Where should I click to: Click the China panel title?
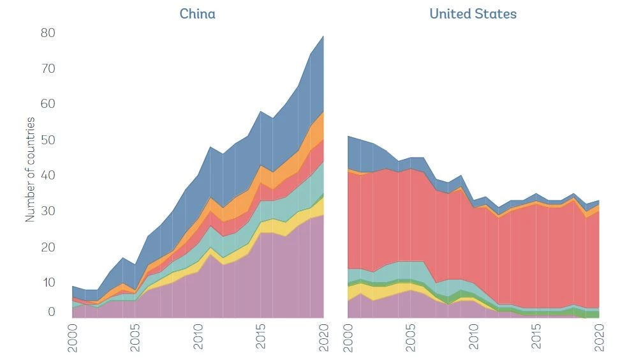point(197,13)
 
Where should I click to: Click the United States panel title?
point(473,13)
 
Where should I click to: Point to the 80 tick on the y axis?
point(48,33)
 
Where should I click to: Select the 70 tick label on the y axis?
point(48,68)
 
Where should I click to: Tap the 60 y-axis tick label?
point(48,104)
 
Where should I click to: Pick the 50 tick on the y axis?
point(48,140)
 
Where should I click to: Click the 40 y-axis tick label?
point(48,176)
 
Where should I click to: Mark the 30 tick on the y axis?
point(48,211)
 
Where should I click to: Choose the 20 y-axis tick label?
point(48,247)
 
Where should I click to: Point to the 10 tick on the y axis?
point(48,283)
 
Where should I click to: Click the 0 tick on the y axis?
point(52,313)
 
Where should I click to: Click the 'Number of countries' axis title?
point(30,169)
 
